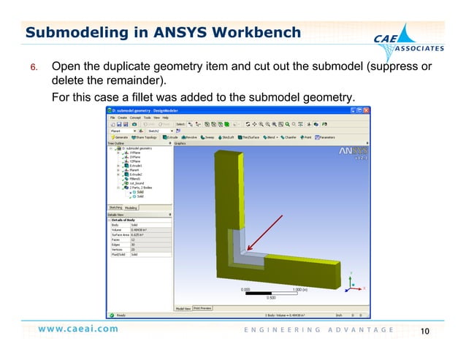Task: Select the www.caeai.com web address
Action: click(78, 329)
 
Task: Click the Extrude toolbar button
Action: click(172, 137)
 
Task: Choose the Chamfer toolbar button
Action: click(287, 137)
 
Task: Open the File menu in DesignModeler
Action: click(113, 117)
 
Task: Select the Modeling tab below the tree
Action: click(131, 207)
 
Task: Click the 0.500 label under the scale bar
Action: click(270, 297)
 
